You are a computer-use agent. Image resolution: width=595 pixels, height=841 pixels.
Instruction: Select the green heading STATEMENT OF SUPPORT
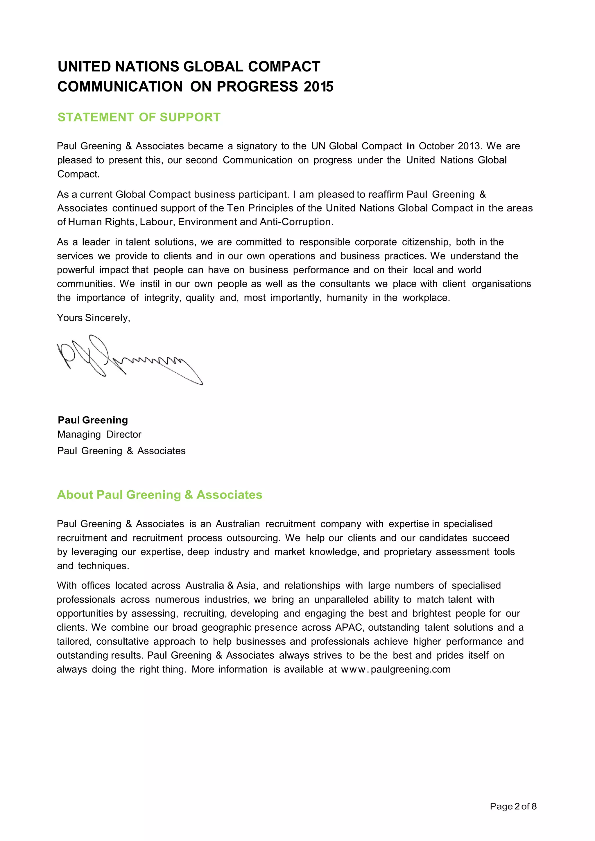pyautogui.click(x=139, y=117)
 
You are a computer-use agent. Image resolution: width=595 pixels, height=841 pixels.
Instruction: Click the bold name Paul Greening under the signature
pyautogui.click(x=93, y=420)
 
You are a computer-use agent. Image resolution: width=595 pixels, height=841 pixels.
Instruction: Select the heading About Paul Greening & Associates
pyautogui.click(x=159, y=495)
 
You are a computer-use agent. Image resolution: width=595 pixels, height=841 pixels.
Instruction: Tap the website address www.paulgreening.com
pyautogui.click(x=396, y=670)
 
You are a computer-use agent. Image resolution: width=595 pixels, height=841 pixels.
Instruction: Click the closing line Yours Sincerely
pyautogui.click(x=94, y=318)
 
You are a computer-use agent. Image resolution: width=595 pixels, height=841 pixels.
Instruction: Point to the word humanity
pyautogui.click(x=347, y=298)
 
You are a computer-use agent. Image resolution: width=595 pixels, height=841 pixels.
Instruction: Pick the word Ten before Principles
pyautogui.click(x=235, y=208)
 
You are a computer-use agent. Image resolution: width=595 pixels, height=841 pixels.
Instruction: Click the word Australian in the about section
pyautogui.click(x=237, y=524)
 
